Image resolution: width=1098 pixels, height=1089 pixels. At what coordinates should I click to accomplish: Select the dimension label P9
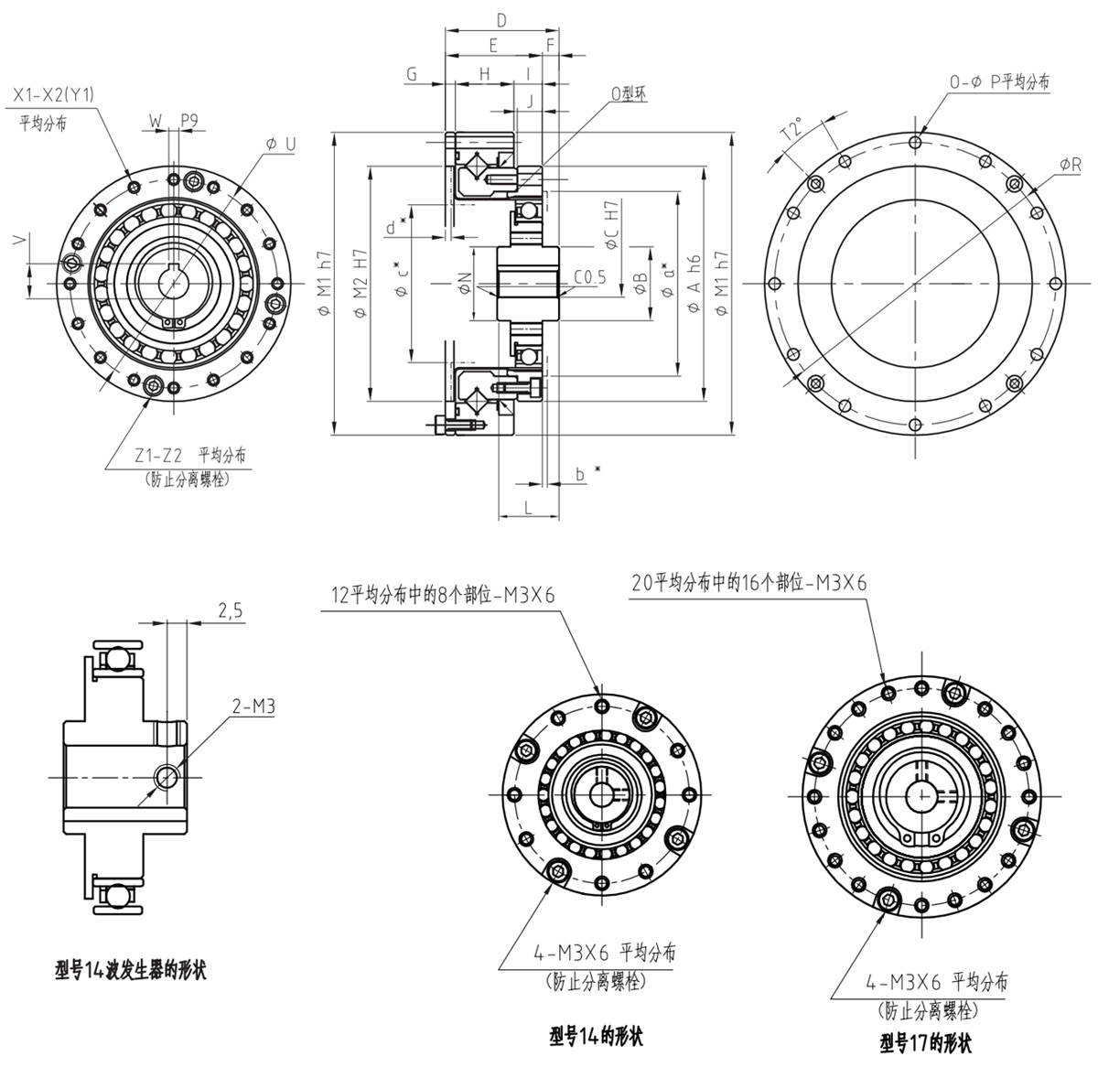point(189,119)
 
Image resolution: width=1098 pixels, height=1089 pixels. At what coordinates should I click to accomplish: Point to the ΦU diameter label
point(280,144)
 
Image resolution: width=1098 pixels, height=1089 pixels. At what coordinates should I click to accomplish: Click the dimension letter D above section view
point(501,19)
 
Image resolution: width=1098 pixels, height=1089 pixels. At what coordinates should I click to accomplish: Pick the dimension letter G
point(412,74)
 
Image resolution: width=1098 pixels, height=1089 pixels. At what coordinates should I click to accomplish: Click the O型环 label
point(629,94)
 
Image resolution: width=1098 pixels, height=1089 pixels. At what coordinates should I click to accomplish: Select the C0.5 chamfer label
point(590,277)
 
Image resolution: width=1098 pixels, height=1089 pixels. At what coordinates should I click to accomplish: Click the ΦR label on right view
point(1070,164)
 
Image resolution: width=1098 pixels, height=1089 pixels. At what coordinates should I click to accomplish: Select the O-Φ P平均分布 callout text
point(998,82)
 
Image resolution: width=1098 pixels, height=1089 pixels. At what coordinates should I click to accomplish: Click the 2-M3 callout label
point(255,706)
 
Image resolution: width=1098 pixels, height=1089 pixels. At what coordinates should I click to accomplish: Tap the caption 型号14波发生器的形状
point(129,969)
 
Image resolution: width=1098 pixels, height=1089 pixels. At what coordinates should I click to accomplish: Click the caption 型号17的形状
point(925,1042)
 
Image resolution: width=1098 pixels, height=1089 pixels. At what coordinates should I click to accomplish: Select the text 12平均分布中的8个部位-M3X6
point(444,594)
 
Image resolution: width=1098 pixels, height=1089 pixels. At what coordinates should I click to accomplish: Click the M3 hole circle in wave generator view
point(166,776)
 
